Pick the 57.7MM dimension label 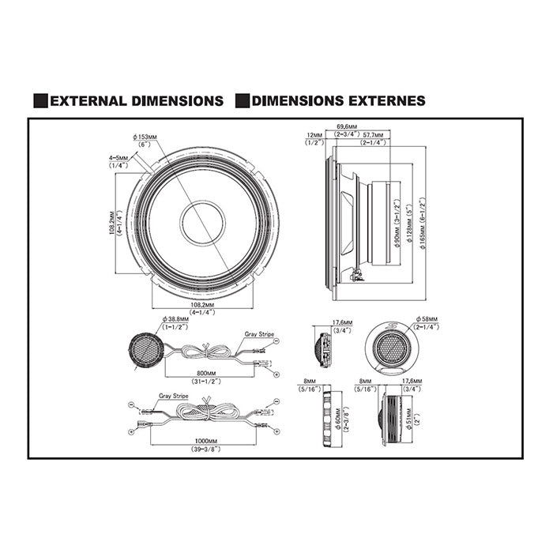pos(373,136)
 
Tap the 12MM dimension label pos(314,136)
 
